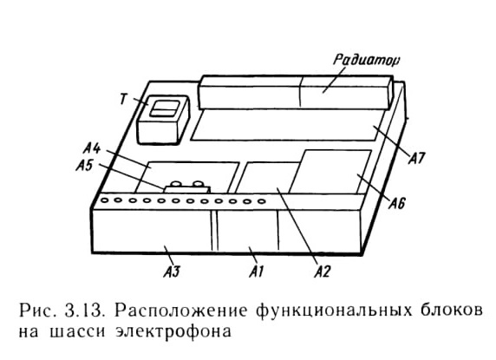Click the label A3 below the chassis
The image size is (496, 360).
point(172,272)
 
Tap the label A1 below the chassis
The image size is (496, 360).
point(257,272)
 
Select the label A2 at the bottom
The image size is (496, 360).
point(322,272)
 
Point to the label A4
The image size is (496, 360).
point(92,148)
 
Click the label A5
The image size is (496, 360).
point(85,165)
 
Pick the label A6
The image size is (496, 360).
point(396,203)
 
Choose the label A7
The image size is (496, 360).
point(417,158)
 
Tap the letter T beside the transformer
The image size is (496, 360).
point(124,100)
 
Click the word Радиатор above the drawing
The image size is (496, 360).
point(366,60)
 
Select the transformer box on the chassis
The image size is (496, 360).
point(163,120)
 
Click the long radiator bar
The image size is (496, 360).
point(296,92)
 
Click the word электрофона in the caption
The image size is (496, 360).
point(173,332)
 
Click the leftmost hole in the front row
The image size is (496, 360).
point(103,200)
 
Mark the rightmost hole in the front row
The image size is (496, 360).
point(261,201)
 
